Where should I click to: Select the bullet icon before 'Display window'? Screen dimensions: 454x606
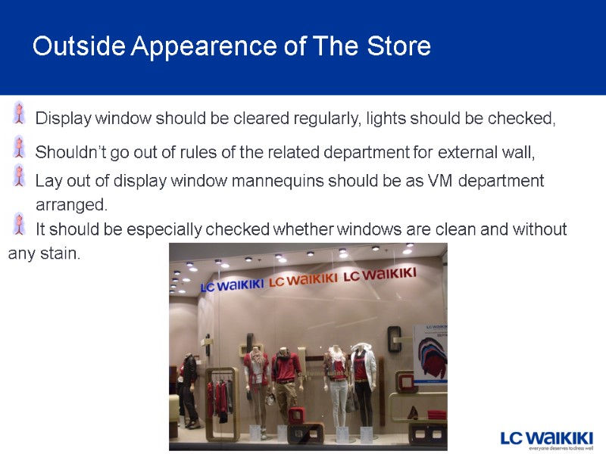pos(20,113)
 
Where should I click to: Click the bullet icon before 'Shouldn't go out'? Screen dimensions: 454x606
pos(20,146)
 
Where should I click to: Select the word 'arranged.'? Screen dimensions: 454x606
pos(72,205)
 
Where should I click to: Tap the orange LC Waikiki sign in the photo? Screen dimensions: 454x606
pos(302,279)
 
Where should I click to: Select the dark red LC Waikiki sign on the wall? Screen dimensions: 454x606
pos(380,275)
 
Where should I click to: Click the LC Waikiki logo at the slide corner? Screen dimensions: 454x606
pos(546,439)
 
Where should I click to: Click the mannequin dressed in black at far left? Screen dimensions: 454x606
pos(189,386)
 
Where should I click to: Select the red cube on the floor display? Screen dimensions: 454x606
pos(296,416)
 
